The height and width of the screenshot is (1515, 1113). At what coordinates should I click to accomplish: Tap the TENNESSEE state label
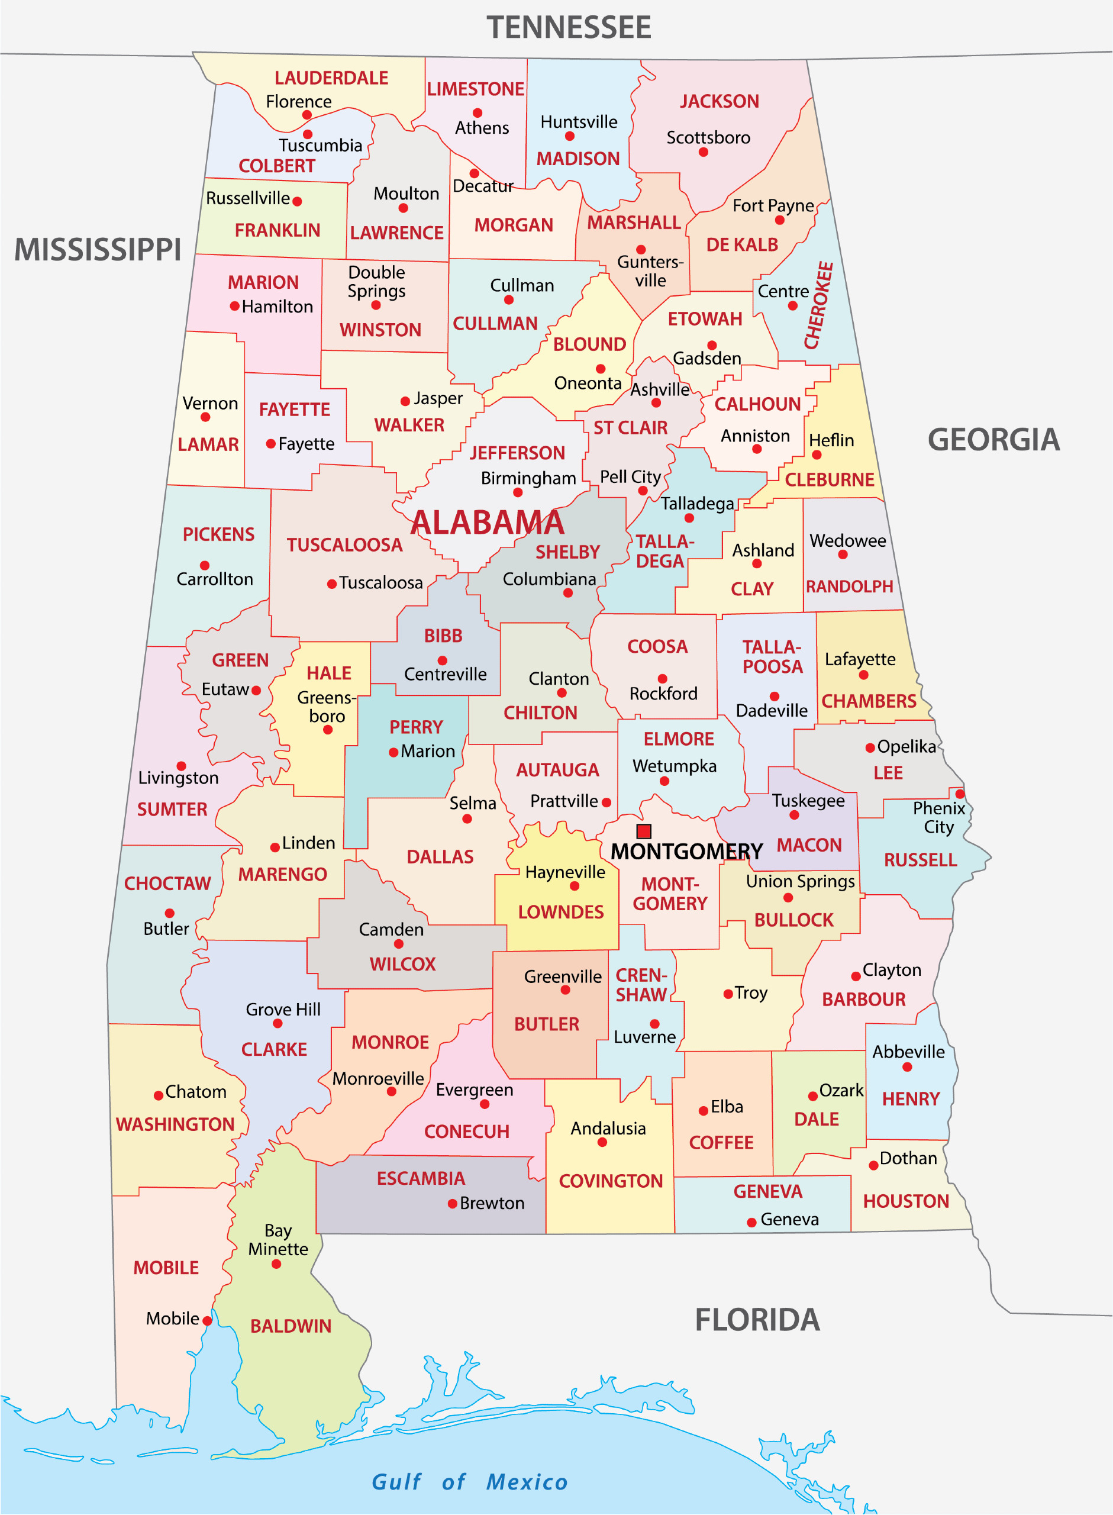[569, 28]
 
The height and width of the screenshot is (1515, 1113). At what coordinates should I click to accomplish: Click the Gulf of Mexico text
[470, 1481]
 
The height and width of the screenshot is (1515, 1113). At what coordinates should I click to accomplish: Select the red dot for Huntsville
[569, 137]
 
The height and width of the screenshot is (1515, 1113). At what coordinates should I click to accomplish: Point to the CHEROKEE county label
[818, 305]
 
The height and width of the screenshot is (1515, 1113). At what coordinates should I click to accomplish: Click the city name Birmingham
[528, 478]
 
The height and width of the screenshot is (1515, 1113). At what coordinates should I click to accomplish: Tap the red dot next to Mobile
[208, 1321]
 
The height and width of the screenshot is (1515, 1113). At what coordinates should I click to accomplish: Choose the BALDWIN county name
[291, 1326]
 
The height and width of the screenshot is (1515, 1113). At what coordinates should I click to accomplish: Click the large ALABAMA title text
[487, 523]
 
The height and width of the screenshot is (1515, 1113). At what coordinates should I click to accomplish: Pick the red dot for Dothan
[873, 1165]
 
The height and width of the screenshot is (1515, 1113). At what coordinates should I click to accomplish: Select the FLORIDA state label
[757, 1320]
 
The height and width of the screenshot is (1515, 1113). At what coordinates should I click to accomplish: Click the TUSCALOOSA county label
[344, 545]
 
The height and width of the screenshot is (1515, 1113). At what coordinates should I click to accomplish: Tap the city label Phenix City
[938, 817]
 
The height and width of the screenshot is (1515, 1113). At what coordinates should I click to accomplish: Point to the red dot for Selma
[467, 819]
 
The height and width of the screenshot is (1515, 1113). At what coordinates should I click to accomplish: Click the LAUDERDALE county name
[331, 78]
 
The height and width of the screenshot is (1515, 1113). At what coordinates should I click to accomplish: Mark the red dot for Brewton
[453, 1204]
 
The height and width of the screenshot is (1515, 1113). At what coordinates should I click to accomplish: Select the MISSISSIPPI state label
[98, 249]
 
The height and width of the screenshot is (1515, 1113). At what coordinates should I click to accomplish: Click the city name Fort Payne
[773, 205]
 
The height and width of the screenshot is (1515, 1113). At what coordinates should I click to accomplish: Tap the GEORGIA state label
[993, 440]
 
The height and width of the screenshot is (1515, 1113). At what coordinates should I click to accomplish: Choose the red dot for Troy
[728, 994]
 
